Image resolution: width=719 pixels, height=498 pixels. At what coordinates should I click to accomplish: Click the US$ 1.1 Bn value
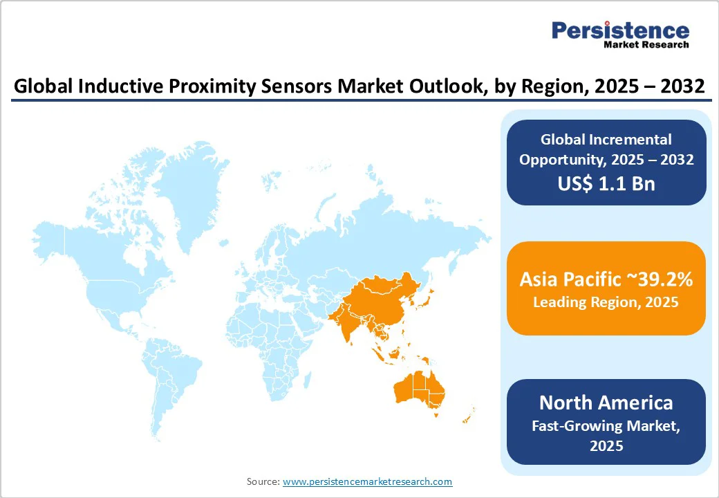point(606,184)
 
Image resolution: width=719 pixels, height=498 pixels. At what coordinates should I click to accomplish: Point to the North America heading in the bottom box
point(606,402)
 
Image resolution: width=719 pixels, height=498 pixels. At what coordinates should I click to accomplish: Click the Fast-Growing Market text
point(606,425)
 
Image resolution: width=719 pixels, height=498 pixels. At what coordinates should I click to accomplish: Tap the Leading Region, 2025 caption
point(606,302)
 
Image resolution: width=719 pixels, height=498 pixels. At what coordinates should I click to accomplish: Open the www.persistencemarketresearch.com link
point(367,481)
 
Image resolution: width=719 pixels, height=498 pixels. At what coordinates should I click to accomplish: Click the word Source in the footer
point(263,481)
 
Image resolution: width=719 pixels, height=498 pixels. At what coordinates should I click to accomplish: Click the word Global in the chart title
point(41,87)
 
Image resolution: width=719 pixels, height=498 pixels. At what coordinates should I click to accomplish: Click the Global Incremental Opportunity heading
point(606,149)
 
